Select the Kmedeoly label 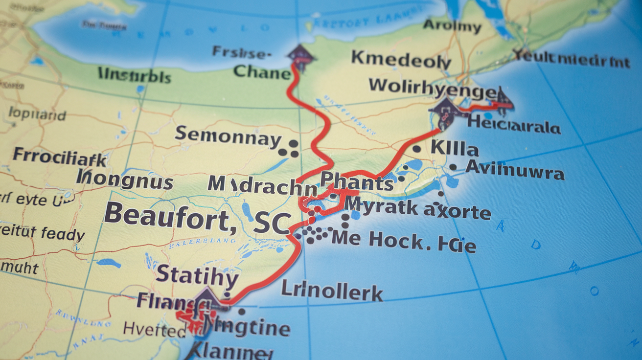[x=401, y=60]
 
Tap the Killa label [x=455, y=148]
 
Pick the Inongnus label [x=126, y=181]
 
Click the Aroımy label [x=452, y=25]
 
